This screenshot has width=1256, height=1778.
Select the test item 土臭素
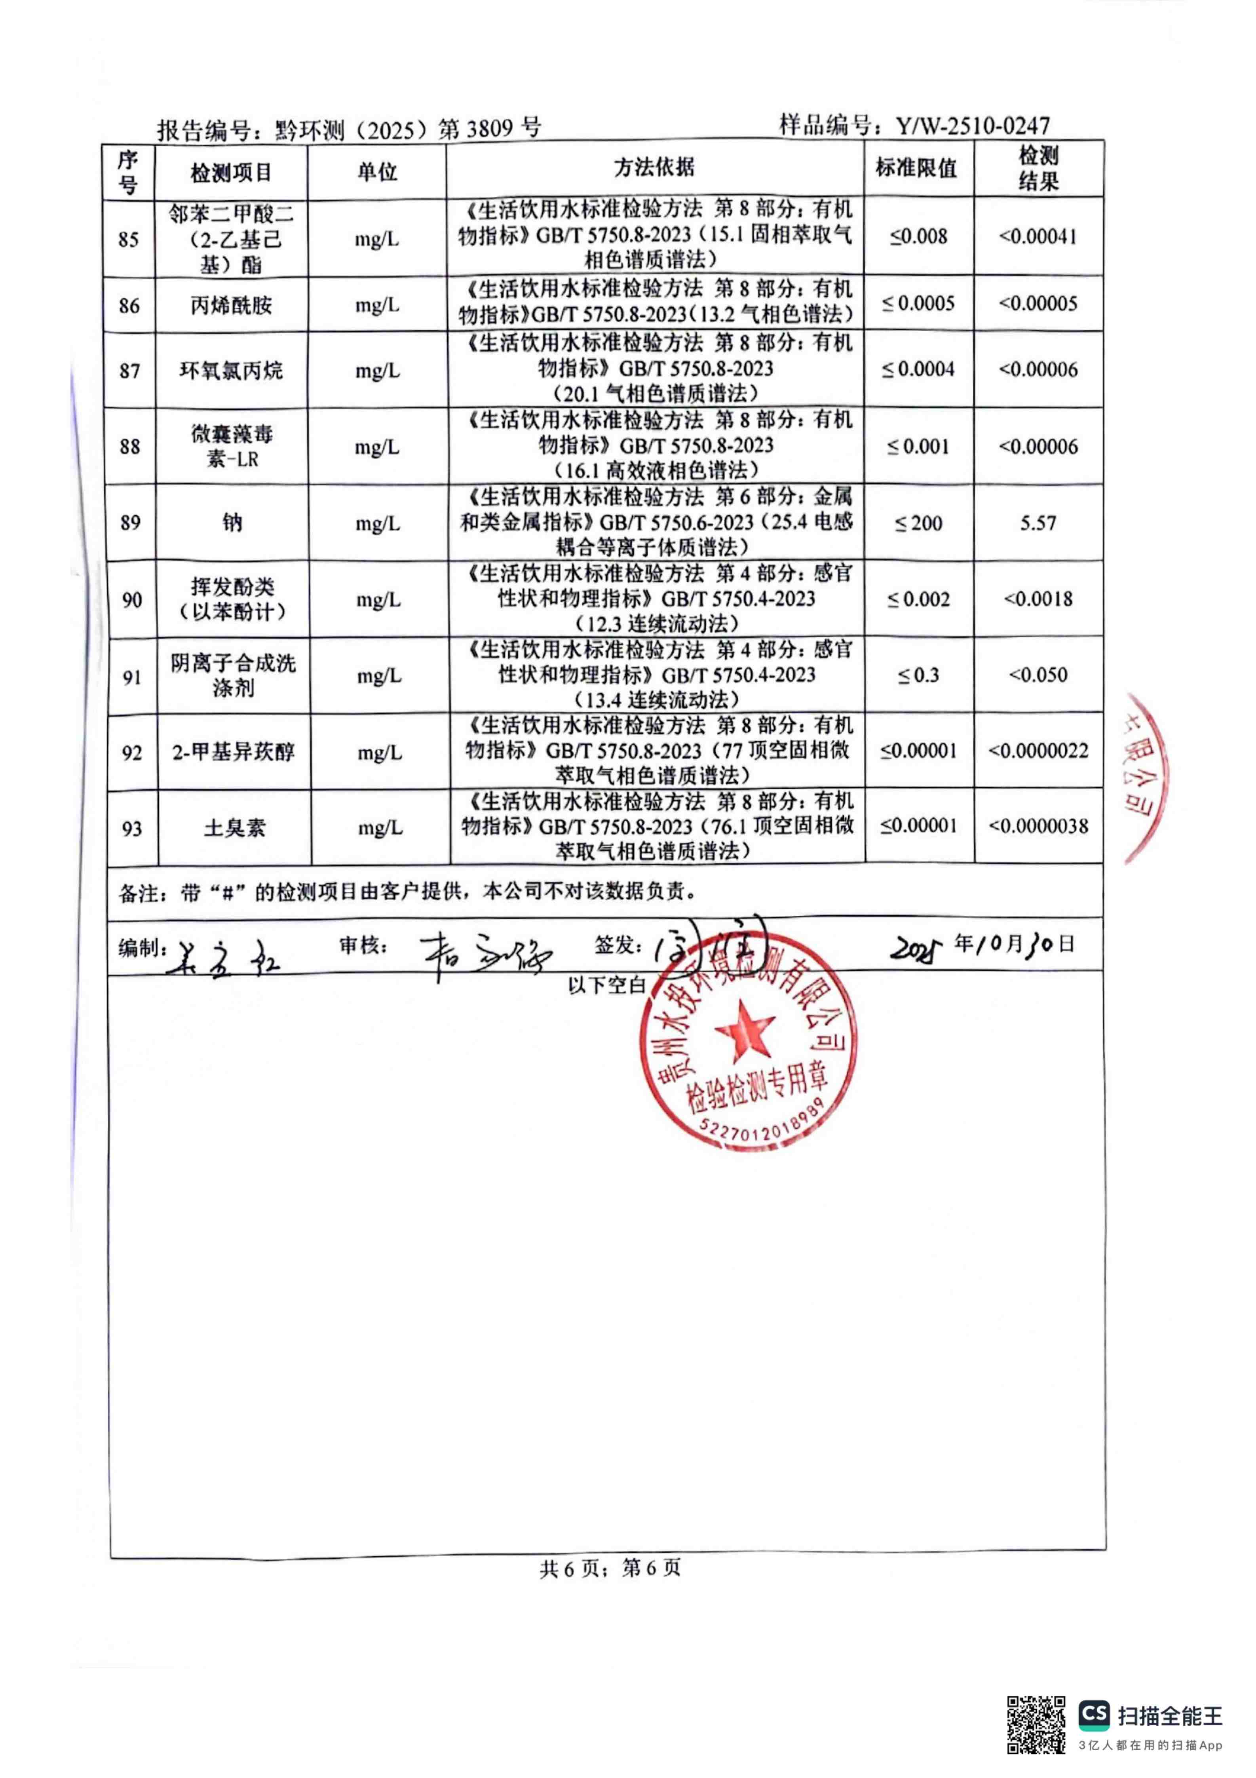234,829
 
